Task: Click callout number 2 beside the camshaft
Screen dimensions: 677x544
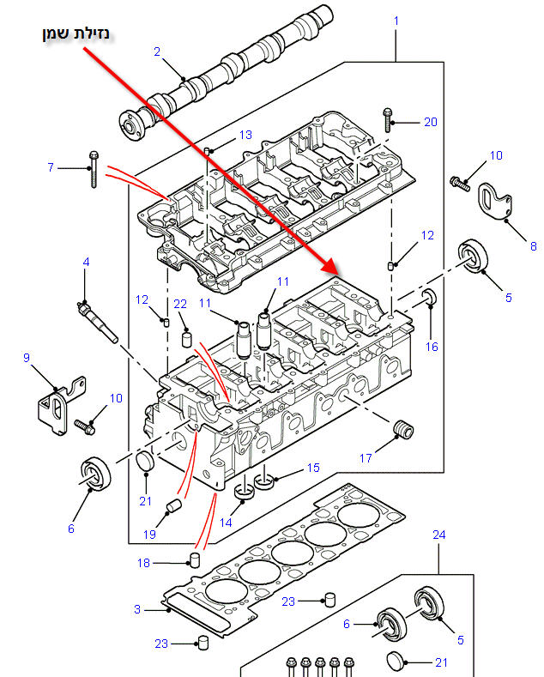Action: click(157, 51)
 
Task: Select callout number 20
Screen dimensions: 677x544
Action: click(430, 122)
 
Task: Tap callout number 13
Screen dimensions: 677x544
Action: click(245, 135)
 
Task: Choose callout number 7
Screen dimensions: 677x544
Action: click(51, 167)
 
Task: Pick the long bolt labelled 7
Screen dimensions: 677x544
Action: click(93, 169)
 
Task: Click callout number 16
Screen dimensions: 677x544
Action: click(432, 347)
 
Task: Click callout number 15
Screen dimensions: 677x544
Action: click(313, 468)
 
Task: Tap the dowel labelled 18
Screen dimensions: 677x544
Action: click(194, 561)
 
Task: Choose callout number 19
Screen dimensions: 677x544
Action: click(149, 535)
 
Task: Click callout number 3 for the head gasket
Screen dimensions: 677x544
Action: click(136, 609)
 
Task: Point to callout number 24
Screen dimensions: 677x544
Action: click(438, 535)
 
